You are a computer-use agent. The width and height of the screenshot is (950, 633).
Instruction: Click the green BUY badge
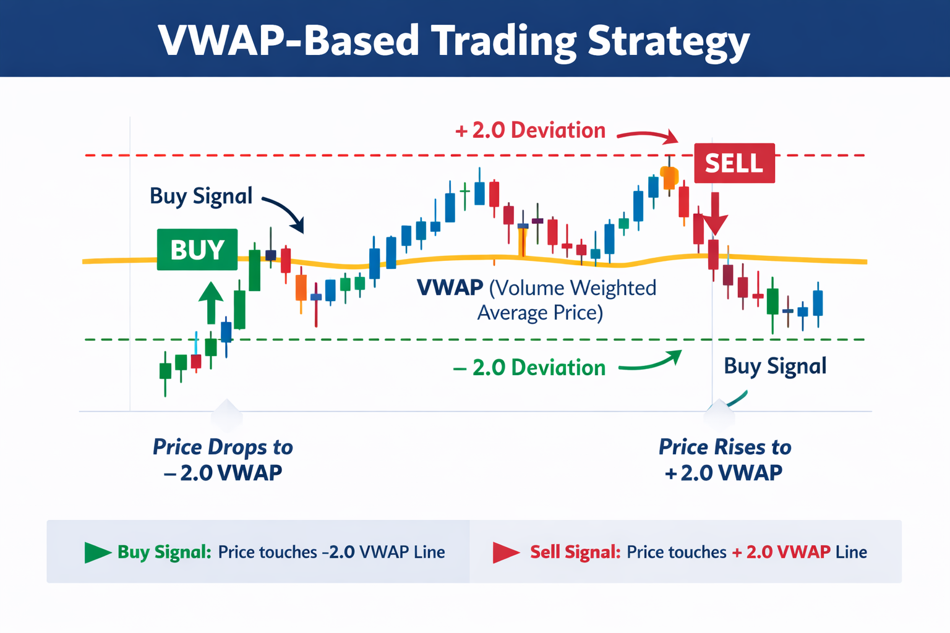click(197, 250)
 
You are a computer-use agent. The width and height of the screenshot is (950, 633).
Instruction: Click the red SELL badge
click(734, 163)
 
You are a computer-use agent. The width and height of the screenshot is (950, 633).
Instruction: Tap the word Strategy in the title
click(669, 41)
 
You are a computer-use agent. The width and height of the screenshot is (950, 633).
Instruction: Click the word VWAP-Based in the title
click(288, 41)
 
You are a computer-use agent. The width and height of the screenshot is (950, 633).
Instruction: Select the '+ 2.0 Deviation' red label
click(530, 130)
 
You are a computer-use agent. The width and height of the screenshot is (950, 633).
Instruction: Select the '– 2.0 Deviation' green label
click(529, 368)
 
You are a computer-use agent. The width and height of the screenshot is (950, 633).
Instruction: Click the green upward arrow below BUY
click(211, 302)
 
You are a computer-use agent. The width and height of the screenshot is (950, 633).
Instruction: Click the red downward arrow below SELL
click(715, 213)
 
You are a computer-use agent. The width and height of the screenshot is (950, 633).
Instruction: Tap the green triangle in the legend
click(96, 552)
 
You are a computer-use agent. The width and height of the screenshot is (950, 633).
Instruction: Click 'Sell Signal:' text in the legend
click(575, 552)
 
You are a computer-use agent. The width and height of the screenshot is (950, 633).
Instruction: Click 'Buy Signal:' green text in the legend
click(165, 552)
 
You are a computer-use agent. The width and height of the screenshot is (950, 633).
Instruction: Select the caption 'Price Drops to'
click(223, 447)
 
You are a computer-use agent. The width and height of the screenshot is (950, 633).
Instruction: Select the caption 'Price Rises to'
click(724, 447)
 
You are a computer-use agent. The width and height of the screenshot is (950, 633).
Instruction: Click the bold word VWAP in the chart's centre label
click(450, 288)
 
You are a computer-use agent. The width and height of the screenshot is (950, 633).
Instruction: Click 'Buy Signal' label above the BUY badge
click(201, 196)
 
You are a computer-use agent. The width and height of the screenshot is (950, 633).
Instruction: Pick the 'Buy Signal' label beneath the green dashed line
click(775, 366)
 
